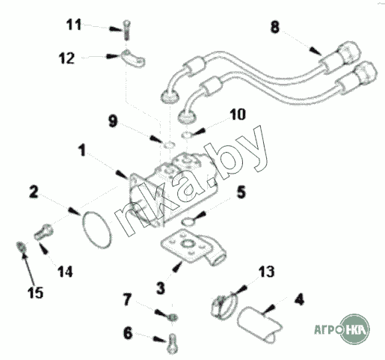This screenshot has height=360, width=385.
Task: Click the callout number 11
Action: coord(74,25)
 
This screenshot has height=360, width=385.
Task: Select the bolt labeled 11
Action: coord(127,30)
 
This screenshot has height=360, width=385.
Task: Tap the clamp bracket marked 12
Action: coord(133,58)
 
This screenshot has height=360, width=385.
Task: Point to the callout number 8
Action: coord(275,27)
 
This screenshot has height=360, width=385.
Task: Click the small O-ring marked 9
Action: coord(170,144)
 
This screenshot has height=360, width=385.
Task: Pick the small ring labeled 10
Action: coord(187,135)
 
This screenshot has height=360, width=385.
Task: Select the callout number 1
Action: coord(81,150)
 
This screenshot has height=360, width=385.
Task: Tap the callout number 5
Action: coord(241,192)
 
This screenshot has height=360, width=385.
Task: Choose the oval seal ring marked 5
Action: coord(187,221)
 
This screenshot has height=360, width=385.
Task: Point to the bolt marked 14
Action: coord(43,231)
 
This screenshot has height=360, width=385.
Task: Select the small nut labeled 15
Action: coord(21,246)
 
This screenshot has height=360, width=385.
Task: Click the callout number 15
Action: coord(35,293)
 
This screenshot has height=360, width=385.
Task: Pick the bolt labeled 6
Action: coord(173,344)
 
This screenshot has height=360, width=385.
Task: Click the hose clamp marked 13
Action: coord(224,307)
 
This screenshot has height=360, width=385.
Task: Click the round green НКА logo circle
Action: coord(355,329)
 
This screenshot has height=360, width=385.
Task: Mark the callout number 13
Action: coord(266,272)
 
